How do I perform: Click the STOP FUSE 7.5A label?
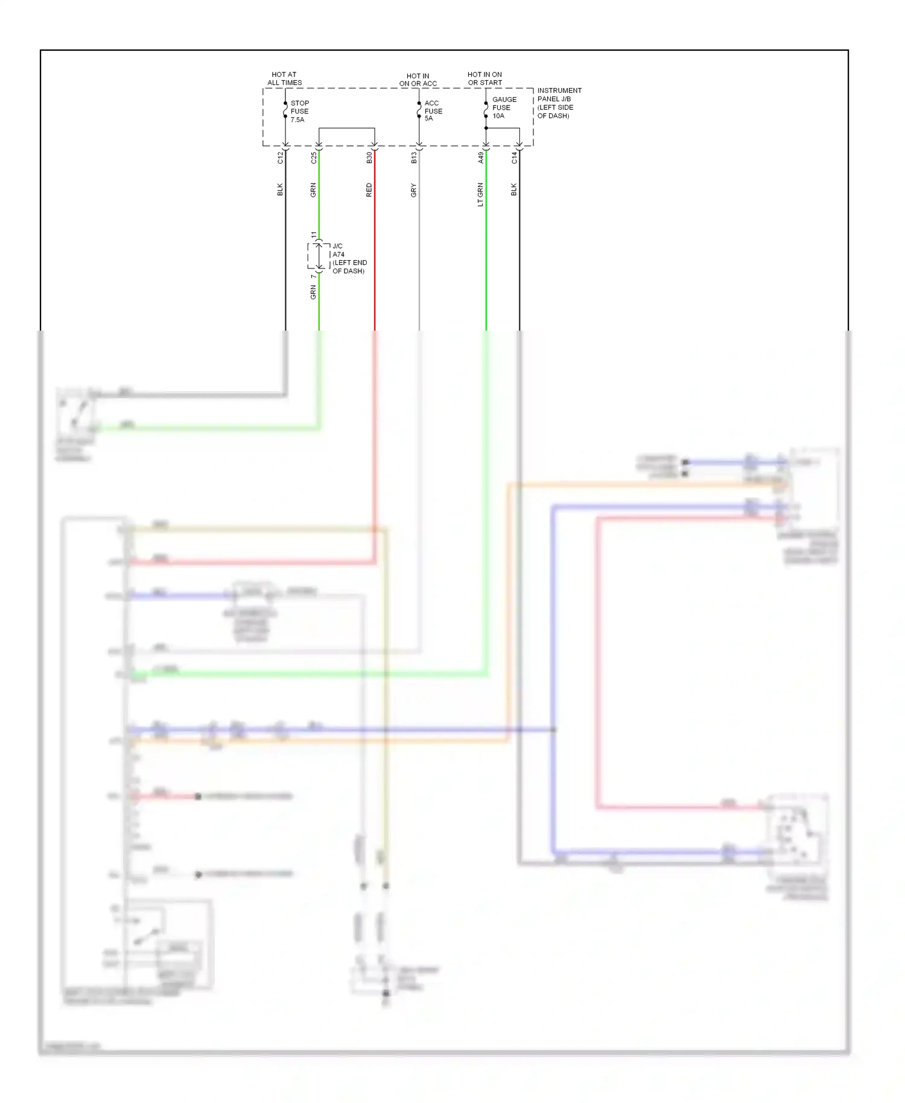pyautogui.click(x=299, y=112)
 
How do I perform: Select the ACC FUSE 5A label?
pyautogui.click(x=433, y=111)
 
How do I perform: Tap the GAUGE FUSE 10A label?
pyautogui.click(x=504, y=108)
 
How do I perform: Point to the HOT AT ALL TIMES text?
pyautogui.click(x=284, y=79)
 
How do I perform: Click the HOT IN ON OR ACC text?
pyautogui.click(x=418, y=80)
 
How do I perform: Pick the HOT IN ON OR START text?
pyautogui.click(x=484, y=79)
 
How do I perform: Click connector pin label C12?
pyautogui.click(x=280, y=158)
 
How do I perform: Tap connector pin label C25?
pyautogui.click(x=314, y=158)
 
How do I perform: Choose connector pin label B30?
pyautogui.click(x=369, y=158)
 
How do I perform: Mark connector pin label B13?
pyautogui.click(x=414, y=158)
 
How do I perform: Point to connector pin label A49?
pyautogui.click(x=481, y=158)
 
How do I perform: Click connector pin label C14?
pyautogui.click(x=514, y=158)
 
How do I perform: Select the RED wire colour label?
pyautogui.click(x=369, y=190)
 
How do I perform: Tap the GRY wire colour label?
pyautogui.click(x=414, y=190)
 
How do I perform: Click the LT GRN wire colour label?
pyautogui.click(x=481, y=194)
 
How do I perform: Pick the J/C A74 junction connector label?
pyautogui.click(x=349, y=259)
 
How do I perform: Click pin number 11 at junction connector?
pyautogui.click(x=314, y=235)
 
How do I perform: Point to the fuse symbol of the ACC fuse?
pyautogui.click(x=419, y=110)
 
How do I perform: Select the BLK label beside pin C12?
pyautogui.click(x=280, y=189)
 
